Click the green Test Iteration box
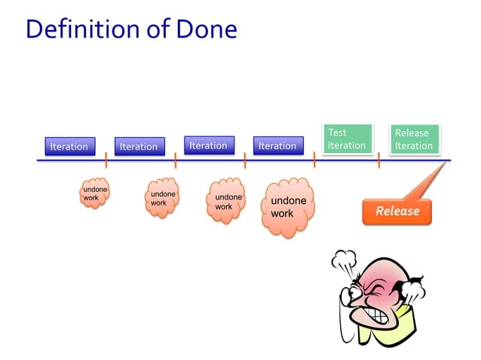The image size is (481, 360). (x=347, y=139)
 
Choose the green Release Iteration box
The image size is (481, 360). (x=414, y=139)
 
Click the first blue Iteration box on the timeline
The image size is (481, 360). (x=69, y=146)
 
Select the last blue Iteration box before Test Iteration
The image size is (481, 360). (x=277, y=145)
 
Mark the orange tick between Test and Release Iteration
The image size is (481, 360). (x=379, y=160)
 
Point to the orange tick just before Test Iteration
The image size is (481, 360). (x=314, y=160)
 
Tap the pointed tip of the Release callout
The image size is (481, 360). (x=445, y=166)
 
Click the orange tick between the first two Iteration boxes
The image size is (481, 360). (x=106, y=160)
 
